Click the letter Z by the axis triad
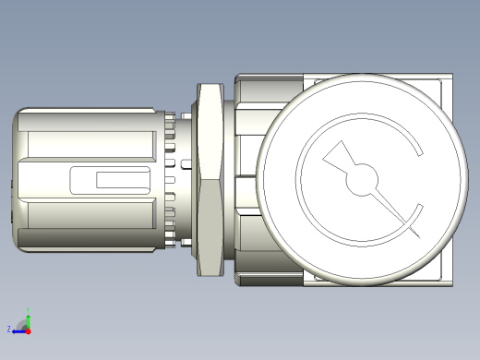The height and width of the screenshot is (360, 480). pos(9,329)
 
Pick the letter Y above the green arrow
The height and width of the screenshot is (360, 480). pos(28,309)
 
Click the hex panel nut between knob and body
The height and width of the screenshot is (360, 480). pos(210,178)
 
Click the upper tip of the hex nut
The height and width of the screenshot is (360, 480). pos(210,84)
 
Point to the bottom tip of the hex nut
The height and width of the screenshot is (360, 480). pos(210,275)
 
